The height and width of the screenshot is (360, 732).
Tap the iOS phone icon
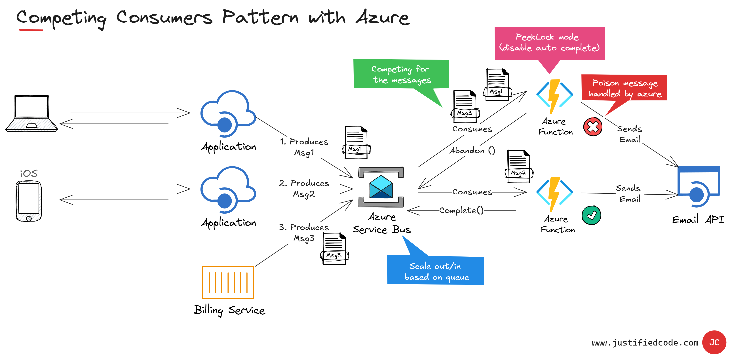click(29, 201)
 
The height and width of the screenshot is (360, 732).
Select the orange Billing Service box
click(228, 282)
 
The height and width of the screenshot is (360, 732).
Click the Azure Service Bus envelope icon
click(381, 187)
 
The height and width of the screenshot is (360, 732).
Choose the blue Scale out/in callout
click(436, 271)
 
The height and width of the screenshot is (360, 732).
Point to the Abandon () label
click(472, 150)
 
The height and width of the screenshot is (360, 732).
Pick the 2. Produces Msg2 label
click(304, 188)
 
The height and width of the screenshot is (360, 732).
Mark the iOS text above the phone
click(29, 173)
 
